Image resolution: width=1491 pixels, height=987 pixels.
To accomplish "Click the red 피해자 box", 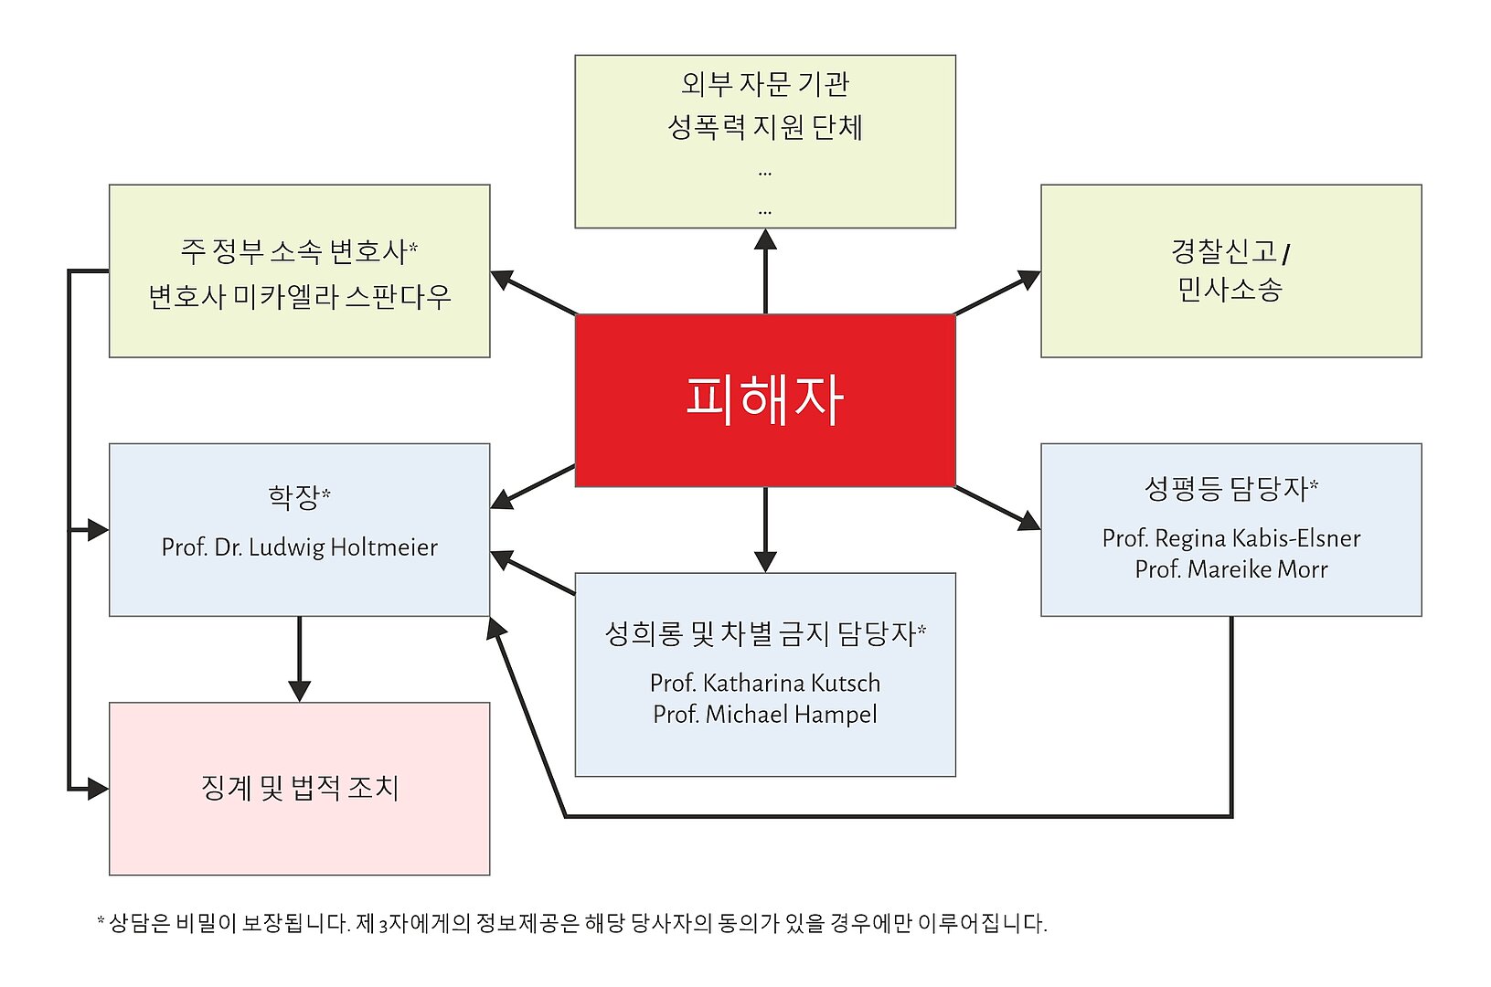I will (764, 399).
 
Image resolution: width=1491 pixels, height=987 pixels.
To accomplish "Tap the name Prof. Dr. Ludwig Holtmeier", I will (299, 547).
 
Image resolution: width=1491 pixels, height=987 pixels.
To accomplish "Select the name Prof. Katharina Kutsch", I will (764, 683).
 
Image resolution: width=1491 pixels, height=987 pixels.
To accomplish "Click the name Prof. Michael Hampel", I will (764, 714).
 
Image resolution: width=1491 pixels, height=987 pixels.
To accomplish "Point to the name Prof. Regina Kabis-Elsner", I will (1230, 538).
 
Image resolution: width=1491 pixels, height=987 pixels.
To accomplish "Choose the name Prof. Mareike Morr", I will (1230, 569).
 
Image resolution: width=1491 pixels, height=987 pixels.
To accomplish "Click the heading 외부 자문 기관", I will (764, 84).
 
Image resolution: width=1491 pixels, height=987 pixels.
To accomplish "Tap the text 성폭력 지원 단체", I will (764, 126).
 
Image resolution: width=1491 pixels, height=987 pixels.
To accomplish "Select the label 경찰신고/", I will (1230, 250).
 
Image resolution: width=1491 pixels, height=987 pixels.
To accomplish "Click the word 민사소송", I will (1230, 290).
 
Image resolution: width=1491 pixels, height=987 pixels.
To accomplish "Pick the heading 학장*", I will (299, 497).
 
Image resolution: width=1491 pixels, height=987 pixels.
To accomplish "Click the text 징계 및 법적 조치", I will (299, 788).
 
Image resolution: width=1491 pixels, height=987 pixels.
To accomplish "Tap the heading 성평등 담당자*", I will (1230, 488).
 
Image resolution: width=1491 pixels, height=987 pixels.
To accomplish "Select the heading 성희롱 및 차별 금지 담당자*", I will (764, 633).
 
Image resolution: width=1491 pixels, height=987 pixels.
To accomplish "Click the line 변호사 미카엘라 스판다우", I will (299, 297).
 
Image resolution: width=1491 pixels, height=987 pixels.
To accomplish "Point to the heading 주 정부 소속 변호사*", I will (299, 250).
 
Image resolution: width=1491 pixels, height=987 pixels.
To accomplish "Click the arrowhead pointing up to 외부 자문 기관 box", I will (765, 239).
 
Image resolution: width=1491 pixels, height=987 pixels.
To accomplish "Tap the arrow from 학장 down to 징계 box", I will (299, 658).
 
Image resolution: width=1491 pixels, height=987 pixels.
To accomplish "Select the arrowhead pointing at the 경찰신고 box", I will (1029, 279).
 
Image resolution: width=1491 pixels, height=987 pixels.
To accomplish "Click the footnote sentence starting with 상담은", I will (576, 923).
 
